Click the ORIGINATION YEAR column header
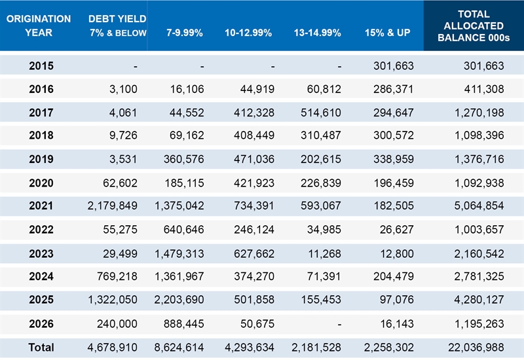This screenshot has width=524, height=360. tap(39, 26)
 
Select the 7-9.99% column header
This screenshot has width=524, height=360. tap(185, 33)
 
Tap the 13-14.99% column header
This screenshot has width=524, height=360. tap(318, 33)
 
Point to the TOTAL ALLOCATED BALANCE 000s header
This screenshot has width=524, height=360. tap(474, 26)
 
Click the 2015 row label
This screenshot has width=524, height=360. tap(41, 66)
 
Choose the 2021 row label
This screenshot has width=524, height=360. tap(41, 206)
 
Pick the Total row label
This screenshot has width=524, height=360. tap(41, 348)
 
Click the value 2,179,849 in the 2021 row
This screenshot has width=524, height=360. tap(112, 206)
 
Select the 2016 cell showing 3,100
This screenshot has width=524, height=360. tap(123, 89)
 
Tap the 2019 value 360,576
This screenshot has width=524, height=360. tap(184, 159)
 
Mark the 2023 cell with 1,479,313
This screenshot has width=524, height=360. tap(179, 254)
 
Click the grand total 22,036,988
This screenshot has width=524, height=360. tap(476, 348)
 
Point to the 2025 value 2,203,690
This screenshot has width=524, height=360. tap(179, 300)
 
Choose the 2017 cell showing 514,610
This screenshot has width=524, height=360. tap(321, 113)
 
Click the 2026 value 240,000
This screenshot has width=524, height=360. tap(117, 323)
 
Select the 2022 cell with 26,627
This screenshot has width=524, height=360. tap(397, 230)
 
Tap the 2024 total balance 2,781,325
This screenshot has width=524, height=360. tap(479, 276)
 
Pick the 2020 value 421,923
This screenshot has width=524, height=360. tap(254, 183)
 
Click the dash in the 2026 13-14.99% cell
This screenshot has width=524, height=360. tap(339, 324)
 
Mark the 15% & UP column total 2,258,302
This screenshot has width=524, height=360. tap(388, 348)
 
